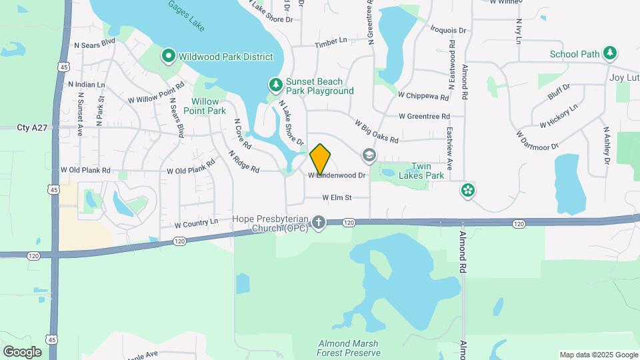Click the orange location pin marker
point(321,159)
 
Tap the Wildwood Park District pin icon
point(169,55)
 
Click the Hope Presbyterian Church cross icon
point(319,223)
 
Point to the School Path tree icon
point(609,53)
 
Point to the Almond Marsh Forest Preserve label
point(348,348)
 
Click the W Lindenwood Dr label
point(337,175)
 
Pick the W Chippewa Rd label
point(423,96)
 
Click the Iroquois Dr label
point(448,30)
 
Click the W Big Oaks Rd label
point(377,132)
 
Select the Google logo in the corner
point(22,351)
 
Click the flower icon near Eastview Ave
point(468,191)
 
